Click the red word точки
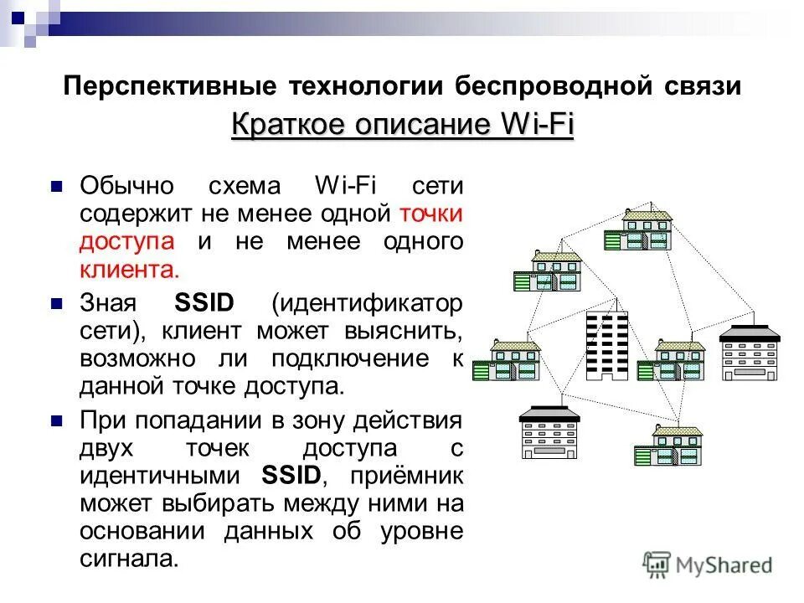[x=431, y=214]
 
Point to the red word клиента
[x=130, y=271]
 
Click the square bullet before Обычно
[x=57, y=185]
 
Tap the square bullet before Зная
[x=57, y=301]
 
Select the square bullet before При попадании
[x=57, y=418]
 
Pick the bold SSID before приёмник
[x=291, y=475]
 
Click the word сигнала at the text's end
[x=130, y=559]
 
